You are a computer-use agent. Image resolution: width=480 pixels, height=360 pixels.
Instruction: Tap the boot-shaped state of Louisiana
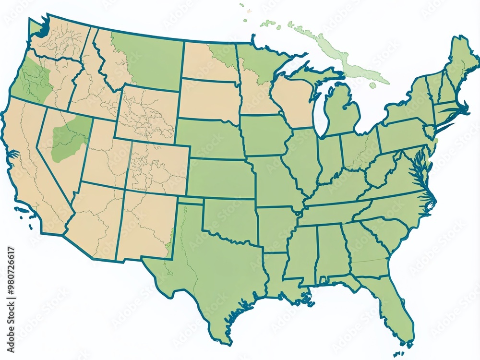click(x=278, y=274)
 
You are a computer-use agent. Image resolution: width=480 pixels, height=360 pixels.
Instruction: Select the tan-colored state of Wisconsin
click(x=293, y=101)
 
